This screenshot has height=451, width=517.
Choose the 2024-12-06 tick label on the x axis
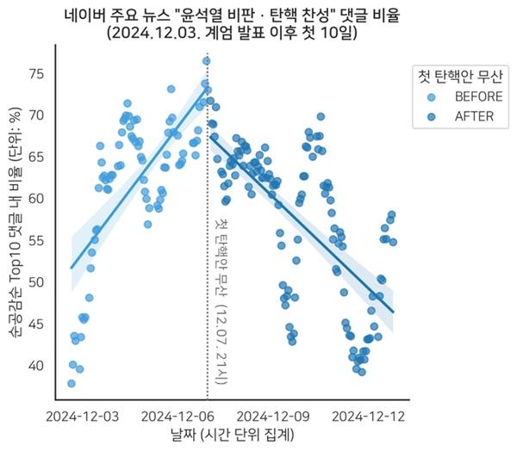coord(178,416)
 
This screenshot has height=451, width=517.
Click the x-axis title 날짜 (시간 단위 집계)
coord(233,436)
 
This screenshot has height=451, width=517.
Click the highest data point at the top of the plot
coord(206,60)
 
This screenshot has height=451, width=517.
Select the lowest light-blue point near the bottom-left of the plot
coord(71,384)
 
